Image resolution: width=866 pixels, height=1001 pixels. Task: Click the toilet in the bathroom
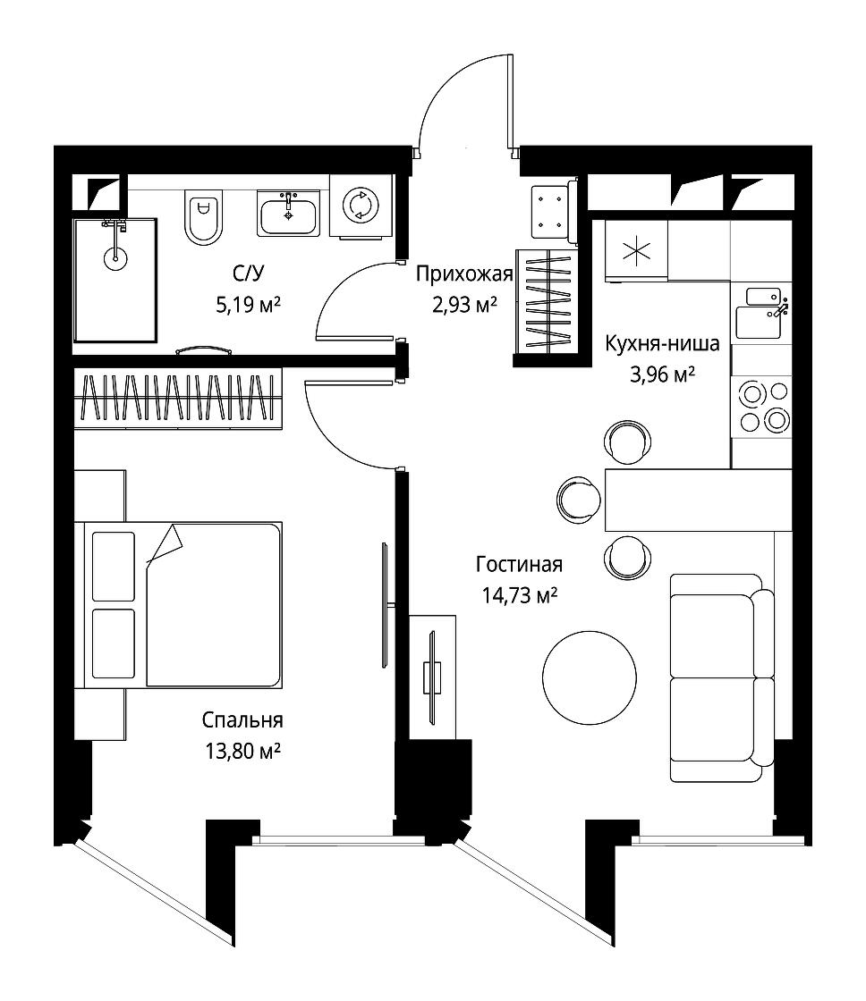203,216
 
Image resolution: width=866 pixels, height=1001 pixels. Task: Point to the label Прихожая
464,273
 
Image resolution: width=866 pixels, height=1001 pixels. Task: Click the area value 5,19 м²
248,305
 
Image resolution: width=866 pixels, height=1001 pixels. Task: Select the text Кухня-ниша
663,343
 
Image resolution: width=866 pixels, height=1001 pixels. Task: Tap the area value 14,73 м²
519,595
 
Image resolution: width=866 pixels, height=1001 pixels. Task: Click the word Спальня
242,720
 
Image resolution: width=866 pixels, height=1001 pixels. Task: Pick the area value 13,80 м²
242,751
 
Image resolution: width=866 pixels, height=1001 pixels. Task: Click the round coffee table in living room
590,677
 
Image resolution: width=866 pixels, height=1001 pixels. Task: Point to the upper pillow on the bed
113,567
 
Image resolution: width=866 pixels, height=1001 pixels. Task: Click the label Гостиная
519,564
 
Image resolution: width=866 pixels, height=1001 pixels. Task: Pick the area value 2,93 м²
464,305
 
